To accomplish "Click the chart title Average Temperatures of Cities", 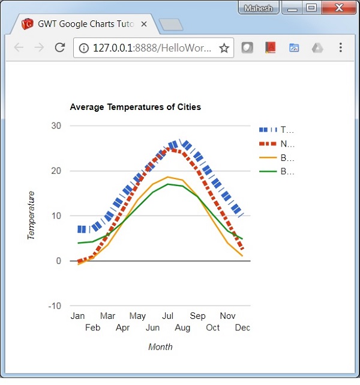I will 135,107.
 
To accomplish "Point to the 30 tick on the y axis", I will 56,126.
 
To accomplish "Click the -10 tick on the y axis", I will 55,306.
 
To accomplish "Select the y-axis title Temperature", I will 31,216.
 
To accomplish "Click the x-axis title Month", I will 160,347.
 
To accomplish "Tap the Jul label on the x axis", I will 167,316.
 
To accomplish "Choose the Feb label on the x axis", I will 92,327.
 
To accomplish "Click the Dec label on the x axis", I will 242,327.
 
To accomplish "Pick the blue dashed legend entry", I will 277,130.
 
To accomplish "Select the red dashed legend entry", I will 277,144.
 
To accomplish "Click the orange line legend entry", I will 277,158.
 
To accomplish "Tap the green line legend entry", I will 277,172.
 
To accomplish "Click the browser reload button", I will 59,48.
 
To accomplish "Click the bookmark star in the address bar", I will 224,48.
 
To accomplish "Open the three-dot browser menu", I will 340,48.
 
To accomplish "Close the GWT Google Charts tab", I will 144,25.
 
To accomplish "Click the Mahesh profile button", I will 259,8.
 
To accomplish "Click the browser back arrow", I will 19,48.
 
